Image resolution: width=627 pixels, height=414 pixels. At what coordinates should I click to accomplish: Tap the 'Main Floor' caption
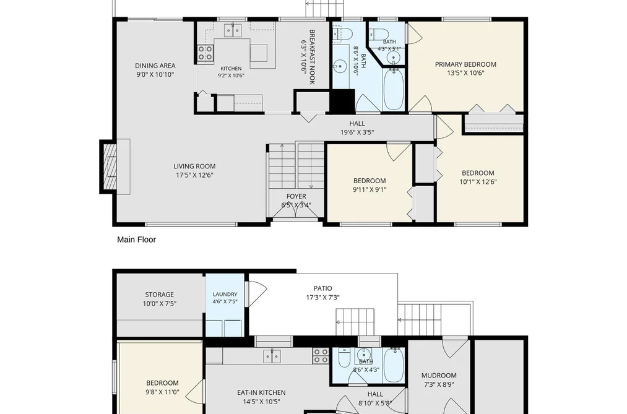136,239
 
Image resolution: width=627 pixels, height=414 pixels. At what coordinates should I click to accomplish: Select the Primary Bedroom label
465,64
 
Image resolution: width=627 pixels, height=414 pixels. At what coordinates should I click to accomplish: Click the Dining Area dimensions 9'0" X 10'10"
155,74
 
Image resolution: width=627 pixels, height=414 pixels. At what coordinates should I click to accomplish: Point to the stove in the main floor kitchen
205,53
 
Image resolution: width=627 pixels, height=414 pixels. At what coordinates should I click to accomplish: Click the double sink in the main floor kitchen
233,30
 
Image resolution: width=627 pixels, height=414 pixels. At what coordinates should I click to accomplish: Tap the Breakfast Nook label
313,57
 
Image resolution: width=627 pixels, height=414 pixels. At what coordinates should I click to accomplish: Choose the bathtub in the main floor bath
394,90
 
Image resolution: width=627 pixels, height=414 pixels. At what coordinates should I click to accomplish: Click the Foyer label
296,196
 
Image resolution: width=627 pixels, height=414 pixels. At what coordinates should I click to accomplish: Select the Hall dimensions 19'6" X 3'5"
357,132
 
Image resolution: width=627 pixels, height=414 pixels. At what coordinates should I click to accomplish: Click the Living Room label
195,166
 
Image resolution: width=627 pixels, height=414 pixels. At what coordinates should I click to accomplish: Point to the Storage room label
160,295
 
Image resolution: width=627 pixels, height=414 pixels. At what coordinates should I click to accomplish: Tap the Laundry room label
225,294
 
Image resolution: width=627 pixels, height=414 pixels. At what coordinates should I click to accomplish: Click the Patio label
322,288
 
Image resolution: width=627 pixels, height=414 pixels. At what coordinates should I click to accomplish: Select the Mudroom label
439,375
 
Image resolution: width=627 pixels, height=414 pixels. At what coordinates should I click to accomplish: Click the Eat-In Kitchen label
262,392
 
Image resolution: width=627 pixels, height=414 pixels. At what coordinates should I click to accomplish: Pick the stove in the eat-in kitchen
321,356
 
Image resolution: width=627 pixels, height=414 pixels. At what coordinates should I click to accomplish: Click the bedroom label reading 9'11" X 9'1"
370,189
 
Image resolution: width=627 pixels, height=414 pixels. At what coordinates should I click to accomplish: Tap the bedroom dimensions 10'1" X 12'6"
478,182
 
